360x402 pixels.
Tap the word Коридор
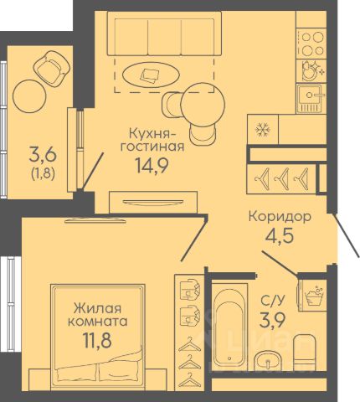point(280,216)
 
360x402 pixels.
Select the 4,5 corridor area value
point(280,235)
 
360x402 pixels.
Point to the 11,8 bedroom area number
point(97,340)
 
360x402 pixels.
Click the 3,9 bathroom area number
point(272,320)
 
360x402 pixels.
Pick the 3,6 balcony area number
point(44,156)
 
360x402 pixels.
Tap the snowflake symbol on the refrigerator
point(262,130)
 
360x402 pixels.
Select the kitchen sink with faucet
point(311,99)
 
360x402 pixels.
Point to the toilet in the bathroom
point(304,353)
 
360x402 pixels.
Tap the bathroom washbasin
point(268,362)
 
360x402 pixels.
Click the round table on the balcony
point(29,96)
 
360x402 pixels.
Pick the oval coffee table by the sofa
point(151,75)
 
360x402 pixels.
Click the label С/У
point(272,301)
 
